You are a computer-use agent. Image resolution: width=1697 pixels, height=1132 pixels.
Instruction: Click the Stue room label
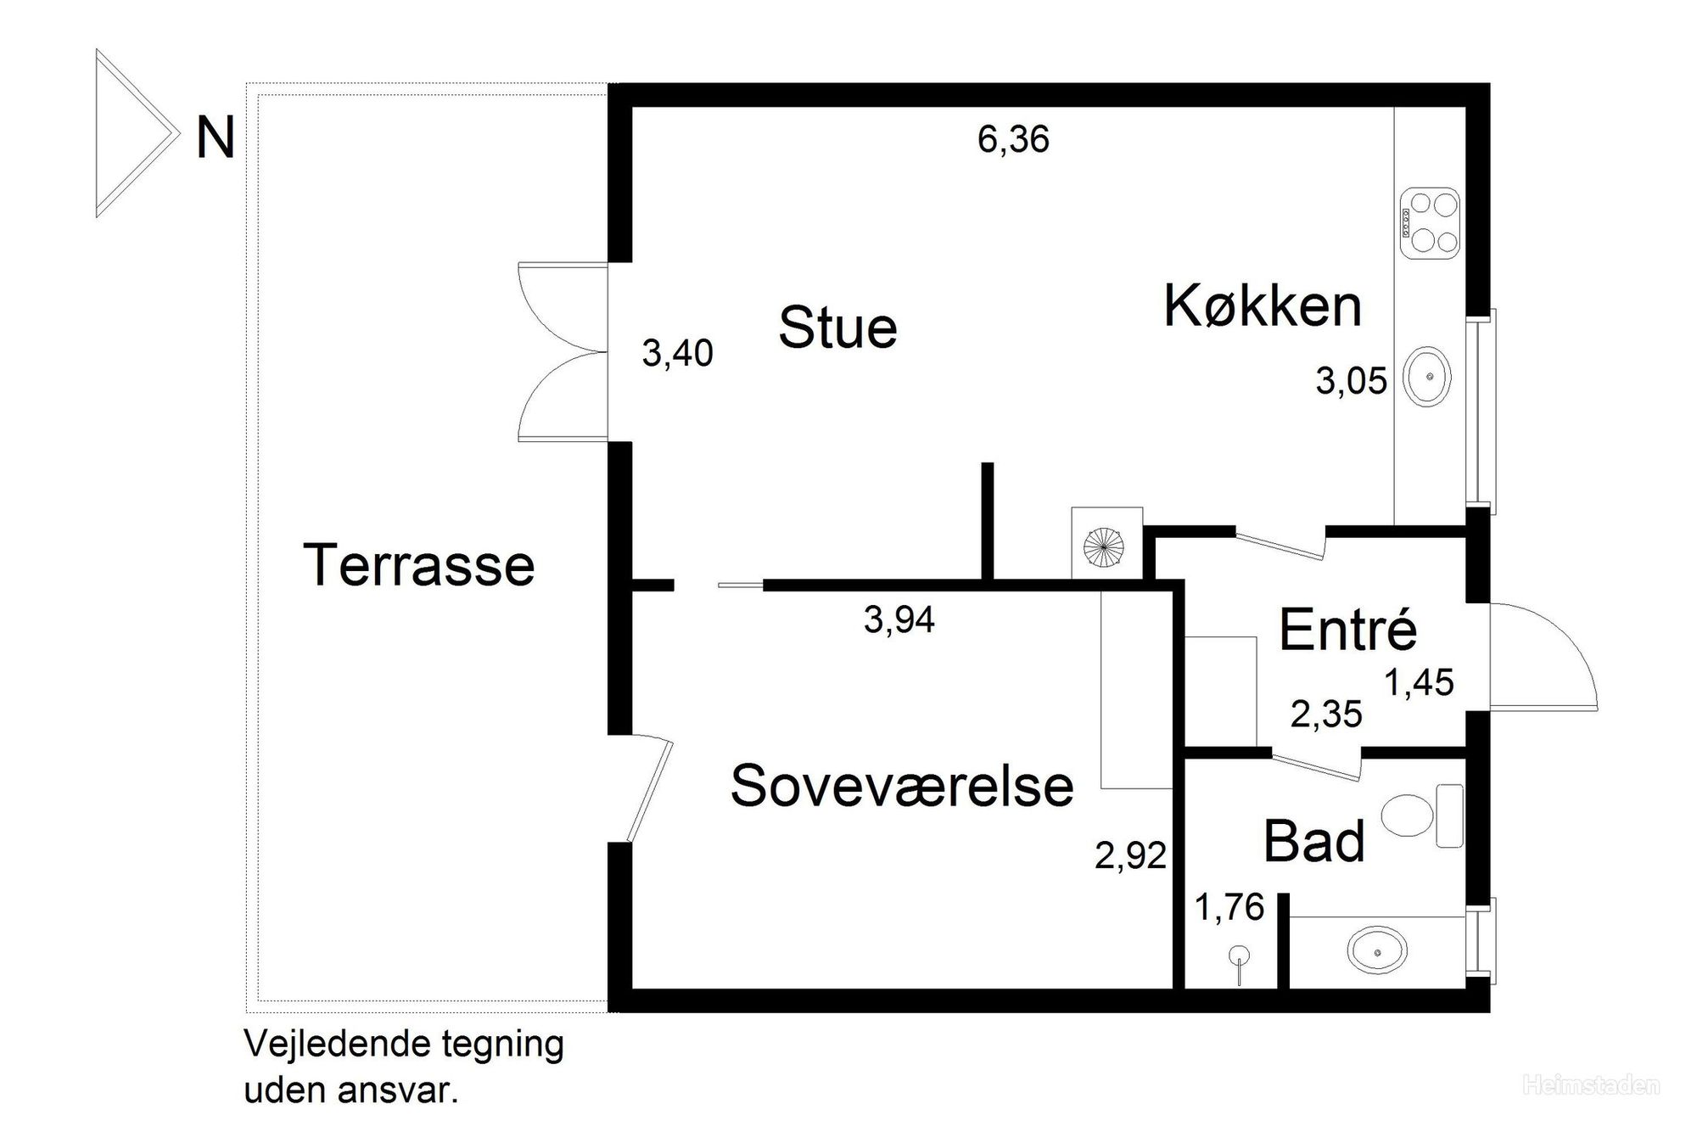coord(837,328)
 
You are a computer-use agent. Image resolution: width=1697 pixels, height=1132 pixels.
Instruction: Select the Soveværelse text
coord(902,785)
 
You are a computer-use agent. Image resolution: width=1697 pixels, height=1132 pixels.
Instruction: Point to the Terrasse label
coord(419,564)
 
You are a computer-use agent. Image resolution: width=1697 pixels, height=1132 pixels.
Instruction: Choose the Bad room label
coord(1313,841)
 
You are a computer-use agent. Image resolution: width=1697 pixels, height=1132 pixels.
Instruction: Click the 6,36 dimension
coord(1013,139)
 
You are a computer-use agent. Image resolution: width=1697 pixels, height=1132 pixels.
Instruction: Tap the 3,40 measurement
coord(677,353)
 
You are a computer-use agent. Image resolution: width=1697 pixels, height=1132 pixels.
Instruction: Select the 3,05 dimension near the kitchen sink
coord(1351,381)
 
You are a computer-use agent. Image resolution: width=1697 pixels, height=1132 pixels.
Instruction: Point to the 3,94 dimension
coord(899,620)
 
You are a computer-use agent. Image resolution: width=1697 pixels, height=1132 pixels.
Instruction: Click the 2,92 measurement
coord(1130,855)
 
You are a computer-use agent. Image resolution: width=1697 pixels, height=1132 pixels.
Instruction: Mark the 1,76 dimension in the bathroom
coord(1229,907)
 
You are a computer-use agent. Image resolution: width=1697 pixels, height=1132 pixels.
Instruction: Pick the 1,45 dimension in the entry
coord(1420,682)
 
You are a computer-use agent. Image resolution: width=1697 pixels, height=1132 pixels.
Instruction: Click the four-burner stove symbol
coord(1430,223)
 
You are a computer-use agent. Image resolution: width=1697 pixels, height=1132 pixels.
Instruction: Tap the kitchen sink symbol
coord(1427,375)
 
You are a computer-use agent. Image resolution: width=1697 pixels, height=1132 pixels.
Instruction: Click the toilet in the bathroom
coord(1422,815)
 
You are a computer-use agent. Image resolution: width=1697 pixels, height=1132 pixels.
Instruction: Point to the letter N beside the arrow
coord(215,138)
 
